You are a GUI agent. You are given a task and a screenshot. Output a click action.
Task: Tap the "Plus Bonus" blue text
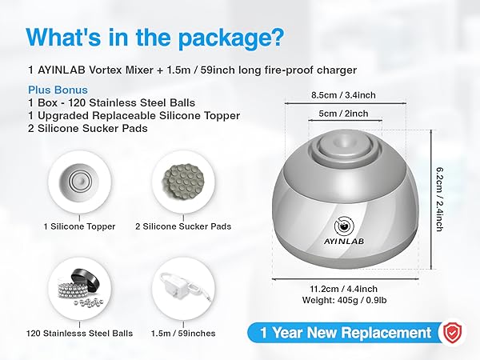tap(57, 90)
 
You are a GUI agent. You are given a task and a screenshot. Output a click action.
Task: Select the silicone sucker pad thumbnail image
tap(184, 183)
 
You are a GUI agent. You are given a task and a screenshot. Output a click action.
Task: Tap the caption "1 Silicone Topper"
tap(79, 226)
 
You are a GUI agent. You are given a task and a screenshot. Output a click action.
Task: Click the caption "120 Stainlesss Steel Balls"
tap(79, 333)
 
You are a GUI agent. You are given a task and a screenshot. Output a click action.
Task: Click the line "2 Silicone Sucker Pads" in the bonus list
tap(88, 128)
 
